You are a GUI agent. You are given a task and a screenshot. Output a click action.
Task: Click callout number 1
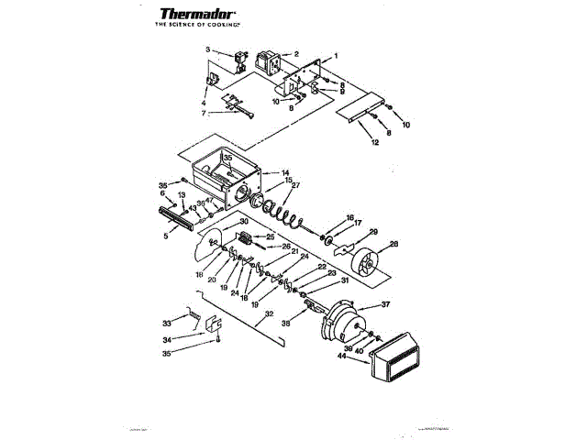(336, 56)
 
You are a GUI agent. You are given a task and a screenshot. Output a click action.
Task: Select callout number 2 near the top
(295, 54)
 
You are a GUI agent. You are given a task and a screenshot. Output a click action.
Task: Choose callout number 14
(285, 172)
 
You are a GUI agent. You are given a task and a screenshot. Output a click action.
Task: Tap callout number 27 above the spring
(295, 185)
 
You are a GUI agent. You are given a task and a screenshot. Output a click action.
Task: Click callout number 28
(394, 243)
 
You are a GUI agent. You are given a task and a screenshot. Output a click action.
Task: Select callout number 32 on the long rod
(268, 313)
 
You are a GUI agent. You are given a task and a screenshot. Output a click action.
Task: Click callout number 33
(167, 323)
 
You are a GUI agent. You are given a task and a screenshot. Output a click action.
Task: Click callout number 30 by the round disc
(244, 223)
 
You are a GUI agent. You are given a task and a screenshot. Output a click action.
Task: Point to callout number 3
(207, 49)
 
